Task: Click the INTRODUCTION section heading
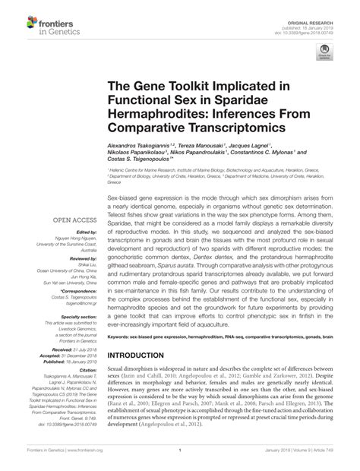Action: pyautogui.click(x=141, y=355)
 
